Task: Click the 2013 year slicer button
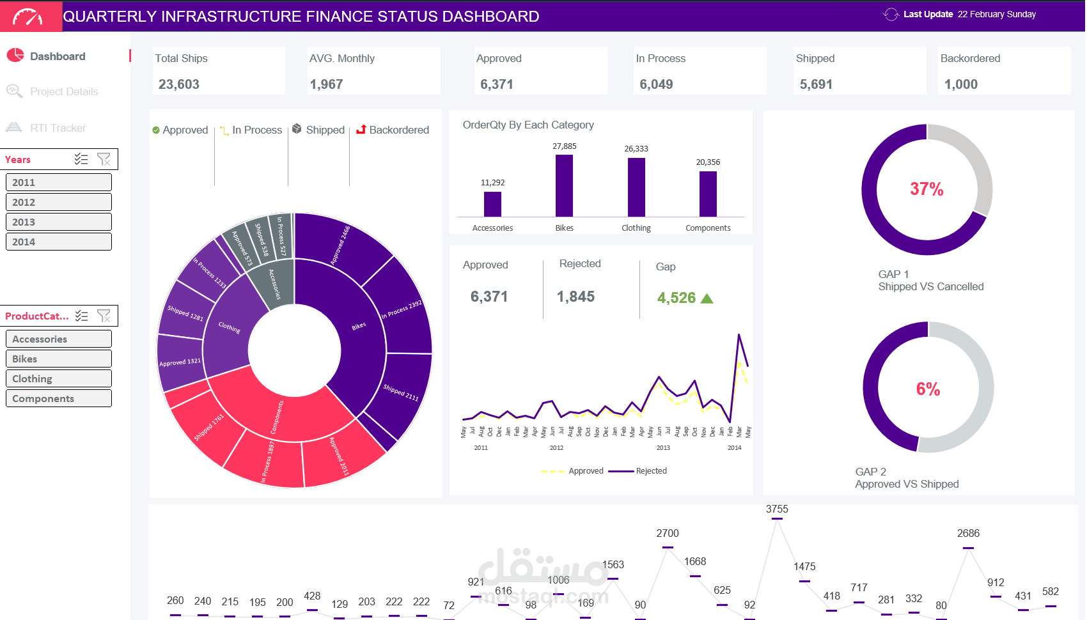point(58,222)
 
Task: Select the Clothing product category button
point(58,378)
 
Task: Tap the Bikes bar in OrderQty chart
point(564,185)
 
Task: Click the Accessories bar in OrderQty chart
point(492,204)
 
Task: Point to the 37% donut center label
point(927,189)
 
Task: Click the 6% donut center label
point(928,389)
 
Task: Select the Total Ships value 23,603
point(179,84)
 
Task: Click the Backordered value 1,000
point(961,84)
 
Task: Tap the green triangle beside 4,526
point(707,298)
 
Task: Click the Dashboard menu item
point(58,56)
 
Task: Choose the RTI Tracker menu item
point(58,128)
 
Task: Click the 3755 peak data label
point(777,509)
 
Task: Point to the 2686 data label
point(968,534)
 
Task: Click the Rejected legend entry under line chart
point(651,471)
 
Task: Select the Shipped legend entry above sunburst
point(325,130)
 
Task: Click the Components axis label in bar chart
point(708,228)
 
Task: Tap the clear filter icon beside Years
point(104,159)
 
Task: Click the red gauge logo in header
point(28,17)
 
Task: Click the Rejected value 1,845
point(575,297)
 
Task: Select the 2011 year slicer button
point(58,182)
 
